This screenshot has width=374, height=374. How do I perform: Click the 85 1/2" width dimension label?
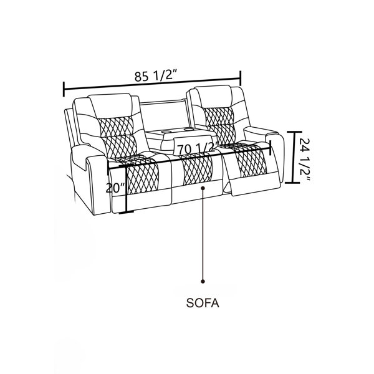155,76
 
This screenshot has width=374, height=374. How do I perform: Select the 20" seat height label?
116,188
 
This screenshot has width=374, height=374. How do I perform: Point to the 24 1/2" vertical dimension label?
304,161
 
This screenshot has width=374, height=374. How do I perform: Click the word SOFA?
203,303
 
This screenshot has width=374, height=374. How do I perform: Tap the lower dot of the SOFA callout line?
203,282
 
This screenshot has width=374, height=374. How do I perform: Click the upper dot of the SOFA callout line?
203,188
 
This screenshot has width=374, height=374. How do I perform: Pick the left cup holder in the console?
166,131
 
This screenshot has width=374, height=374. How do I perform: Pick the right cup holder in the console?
189,129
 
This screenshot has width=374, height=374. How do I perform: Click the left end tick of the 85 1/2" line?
64,89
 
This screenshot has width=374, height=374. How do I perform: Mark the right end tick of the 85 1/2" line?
241,78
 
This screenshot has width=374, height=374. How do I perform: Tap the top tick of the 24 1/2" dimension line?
294,132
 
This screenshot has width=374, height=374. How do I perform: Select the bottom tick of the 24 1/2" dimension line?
292,183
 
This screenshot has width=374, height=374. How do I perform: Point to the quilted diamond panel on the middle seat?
198,170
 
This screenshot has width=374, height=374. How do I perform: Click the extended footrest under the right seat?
255,186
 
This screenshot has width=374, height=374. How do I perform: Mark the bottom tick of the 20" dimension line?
126,212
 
